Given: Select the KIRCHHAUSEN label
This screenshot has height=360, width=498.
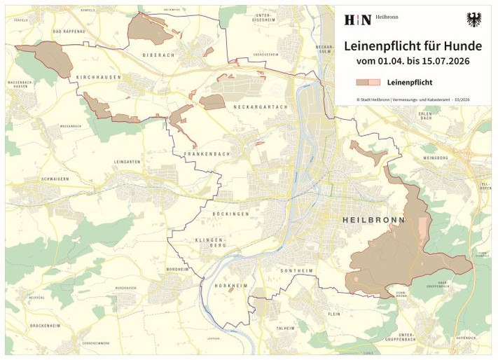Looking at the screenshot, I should pos(98,77).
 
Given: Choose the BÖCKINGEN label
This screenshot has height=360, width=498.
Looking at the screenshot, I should pos(230,214).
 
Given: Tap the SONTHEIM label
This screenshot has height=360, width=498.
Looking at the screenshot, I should pos(296,270).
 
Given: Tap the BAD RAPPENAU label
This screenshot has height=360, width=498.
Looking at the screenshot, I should pos(67,32).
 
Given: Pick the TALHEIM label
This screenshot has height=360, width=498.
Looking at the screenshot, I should pos(285,328).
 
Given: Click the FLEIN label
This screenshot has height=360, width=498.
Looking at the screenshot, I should pos(333,314).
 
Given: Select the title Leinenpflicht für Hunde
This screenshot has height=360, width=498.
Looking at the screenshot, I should pos(413,46).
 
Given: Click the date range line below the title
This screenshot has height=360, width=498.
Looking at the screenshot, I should pos(413,62).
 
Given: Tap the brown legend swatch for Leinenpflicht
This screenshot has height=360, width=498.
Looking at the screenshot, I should pos(368,82).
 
